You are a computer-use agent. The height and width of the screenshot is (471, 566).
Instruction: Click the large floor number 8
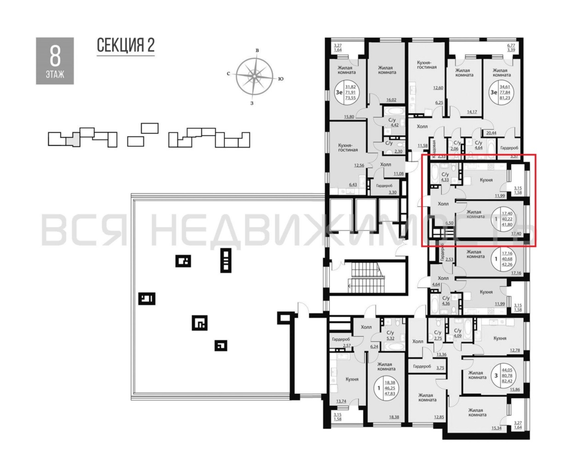[55, 57]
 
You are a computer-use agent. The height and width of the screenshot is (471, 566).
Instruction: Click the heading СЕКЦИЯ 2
[125, 45]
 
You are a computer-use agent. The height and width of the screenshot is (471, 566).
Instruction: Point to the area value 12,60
[438, 88]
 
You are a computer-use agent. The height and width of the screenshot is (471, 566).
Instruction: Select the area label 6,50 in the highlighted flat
[449, 223]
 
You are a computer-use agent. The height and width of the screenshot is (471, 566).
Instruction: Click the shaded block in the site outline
[73, 140]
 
